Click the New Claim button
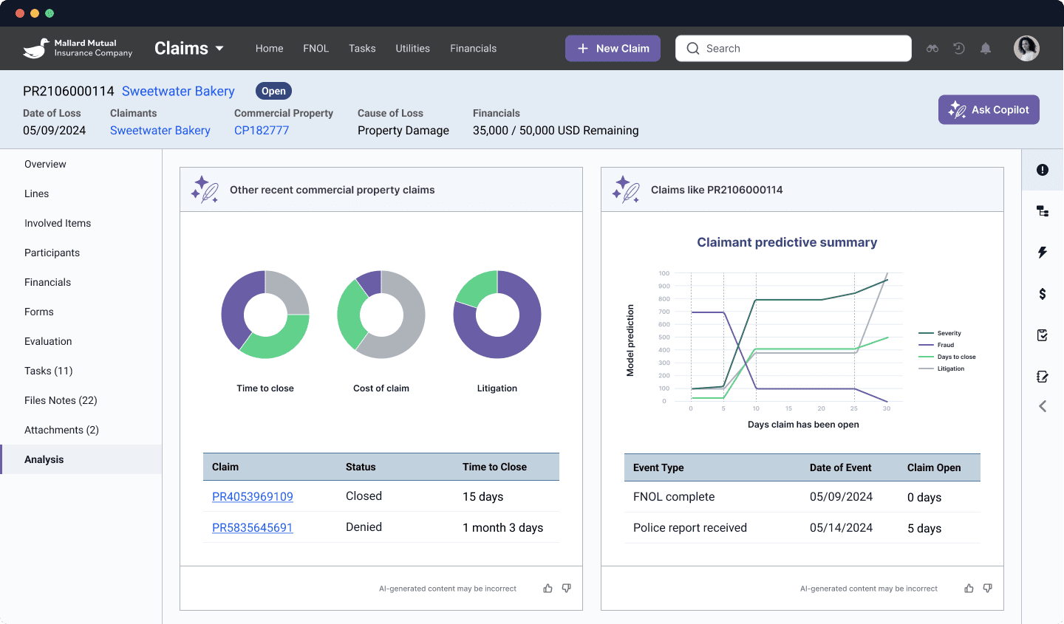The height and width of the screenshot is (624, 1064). pos(613,49)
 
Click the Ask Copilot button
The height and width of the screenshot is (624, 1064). pos(989,110)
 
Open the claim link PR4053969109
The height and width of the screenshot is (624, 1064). pos(253,497)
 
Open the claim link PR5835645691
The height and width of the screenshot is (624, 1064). pos(253,528)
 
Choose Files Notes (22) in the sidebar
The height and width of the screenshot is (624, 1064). pos(61,400)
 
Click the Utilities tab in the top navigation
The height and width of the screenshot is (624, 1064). pos(412,49)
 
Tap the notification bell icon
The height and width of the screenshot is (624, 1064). pos(986,49)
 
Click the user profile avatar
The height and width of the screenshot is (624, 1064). pos(1026,49)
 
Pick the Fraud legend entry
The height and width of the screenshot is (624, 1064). pos(945,345)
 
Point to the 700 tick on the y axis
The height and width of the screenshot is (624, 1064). pos(664,312)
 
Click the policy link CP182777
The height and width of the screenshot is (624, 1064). pos(262,131)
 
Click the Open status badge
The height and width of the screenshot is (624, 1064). pos(273,92)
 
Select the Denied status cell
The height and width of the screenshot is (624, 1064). pos(364,527)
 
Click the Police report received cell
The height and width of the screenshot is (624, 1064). pos(690,528)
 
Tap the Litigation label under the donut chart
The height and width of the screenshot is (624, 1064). pos(497,388)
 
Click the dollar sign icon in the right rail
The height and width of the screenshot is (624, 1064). pos(1043,294)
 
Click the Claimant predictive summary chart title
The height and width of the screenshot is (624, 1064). pos(787,242)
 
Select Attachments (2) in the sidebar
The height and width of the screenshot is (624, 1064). pos(61,430)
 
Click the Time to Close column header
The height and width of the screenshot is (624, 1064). pos(494,467)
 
